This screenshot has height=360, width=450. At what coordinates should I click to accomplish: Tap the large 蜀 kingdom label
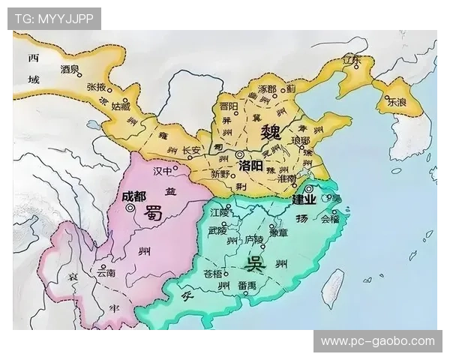(x=154, y=212)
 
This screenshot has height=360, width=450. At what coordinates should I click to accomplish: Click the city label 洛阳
(x=250, y=164)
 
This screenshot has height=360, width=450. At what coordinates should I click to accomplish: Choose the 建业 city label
(x=304, y=199)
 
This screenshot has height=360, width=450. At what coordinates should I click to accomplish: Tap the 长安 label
(x=191, y=150)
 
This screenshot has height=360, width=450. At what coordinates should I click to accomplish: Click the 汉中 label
(x=163, y=172)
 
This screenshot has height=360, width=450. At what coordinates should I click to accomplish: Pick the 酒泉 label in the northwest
(x=70, y=69)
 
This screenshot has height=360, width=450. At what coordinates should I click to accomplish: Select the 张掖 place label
(x=96, y=87)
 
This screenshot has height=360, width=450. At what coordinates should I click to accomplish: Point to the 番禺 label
(x=247, y=286)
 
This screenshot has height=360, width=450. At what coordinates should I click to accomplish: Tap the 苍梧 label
(x=213, y=274)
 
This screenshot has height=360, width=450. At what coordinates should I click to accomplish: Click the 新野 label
(x=220, y=174)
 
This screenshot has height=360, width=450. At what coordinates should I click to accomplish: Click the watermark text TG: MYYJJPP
(x=54, y=18)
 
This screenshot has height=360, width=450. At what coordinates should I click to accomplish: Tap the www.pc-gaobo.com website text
(x=377, y=341)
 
